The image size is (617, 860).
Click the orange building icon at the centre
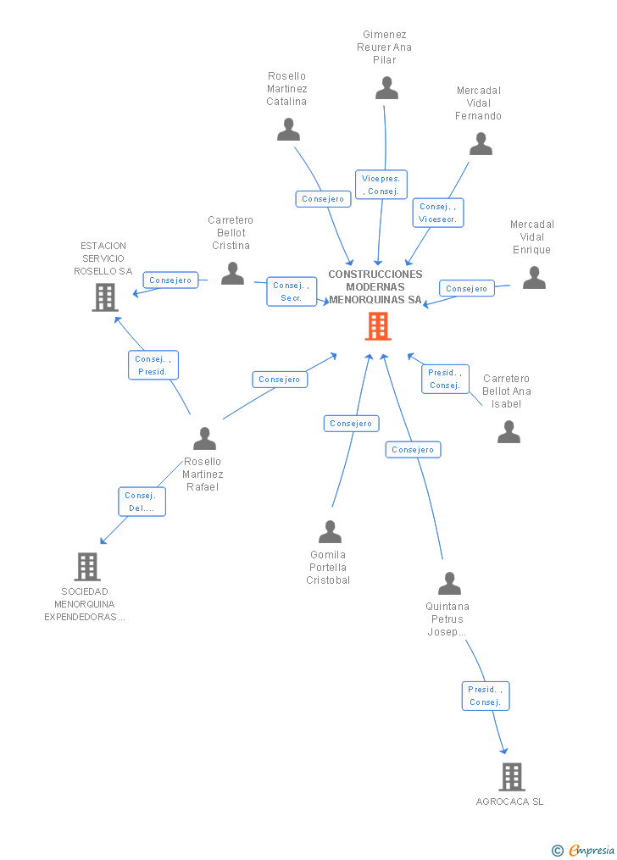(x=378, y=326)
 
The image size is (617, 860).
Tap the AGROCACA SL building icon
(x=511, y=776)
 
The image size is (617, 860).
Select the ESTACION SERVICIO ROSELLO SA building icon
(x=104, y=297)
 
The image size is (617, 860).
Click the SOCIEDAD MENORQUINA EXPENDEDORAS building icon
(x=86, y=566)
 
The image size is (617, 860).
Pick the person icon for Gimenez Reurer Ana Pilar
(x=386, y=87)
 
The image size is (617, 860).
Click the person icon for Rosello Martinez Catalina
(x=288, y=130)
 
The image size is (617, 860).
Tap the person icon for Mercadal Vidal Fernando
(x=481, y=144)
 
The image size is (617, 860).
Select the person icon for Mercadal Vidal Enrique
(x=534, y=278)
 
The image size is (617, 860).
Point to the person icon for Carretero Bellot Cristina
(x=232, y=273)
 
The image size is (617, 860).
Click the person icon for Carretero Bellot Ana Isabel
(x=509, y=432)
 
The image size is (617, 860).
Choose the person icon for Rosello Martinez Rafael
(x=204, y=438)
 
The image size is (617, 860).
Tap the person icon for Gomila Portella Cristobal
(x=330, y=531)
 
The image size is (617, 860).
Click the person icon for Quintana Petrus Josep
(x=449, y=583)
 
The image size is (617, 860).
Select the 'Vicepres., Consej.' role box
(x=381, y=185)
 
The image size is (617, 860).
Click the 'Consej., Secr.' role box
(x=292, y=291)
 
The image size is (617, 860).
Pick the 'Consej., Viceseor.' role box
(x=437, y=213)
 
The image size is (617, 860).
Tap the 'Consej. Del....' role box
(x=142, y=502)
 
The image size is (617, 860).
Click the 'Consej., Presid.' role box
(x=153, y=365)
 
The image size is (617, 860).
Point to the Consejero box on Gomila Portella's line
(x=351, y=423)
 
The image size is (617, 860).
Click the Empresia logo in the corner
(x=584, y=850)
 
